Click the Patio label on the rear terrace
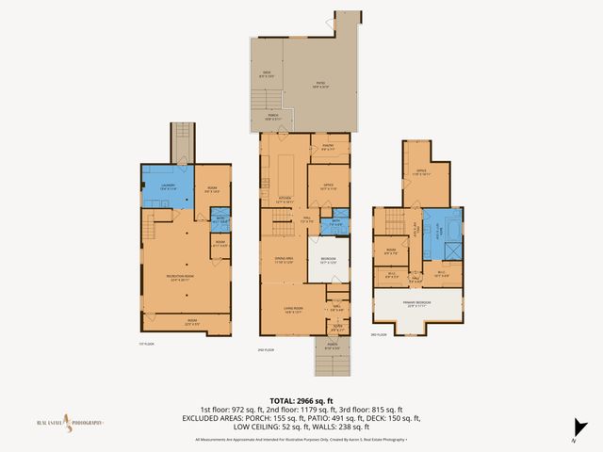[x=320, y=85]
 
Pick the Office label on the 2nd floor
[x=329, y=186]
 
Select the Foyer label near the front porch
[x=337, y=328]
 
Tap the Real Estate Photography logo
[x=71, y=423]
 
